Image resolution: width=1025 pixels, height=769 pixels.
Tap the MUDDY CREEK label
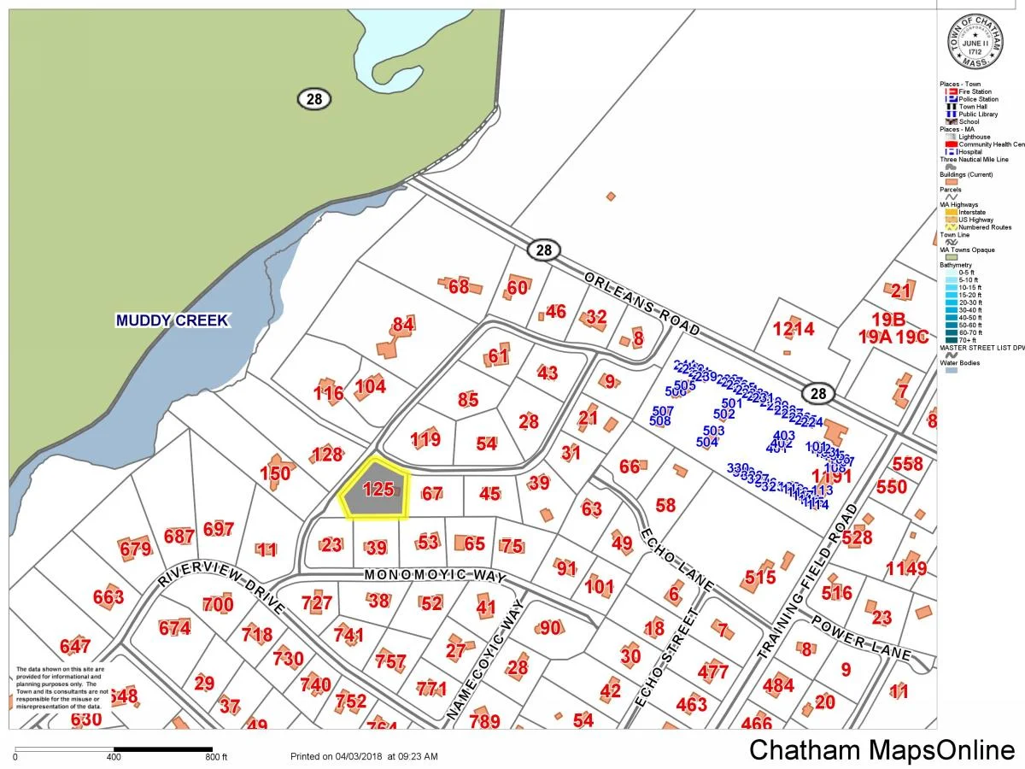[173, 320]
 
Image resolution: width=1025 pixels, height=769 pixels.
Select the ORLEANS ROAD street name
[642, 303]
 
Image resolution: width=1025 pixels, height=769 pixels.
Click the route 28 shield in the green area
[313, 99]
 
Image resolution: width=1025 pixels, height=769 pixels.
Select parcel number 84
[403, 325]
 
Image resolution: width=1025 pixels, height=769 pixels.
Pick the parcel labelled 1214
[794, 329]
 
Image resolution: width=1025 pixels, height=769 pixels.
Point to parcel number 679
[136, 549]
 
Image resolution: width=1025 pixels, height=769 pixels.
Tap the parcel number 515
[759, 578]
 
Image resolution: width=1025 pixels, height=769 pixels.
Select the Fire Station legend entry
[974, 91]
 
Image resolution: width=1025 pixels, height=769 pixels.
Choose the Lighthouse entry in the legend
[974, 137]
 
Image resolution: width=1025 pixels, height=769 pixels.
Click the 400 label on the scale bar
[114, 757]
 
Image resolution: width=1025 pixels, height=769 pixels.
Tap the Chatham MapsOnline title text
[881, 750]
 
